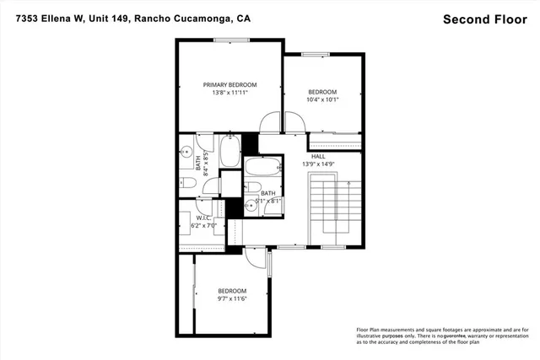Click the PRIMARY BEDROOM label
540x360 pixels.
[229, 84]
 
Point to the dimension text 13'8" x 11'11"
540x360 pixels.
[229, 94]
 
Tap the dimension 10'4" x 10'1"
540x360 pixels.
[322, 100]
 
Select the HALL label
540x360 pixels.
[318, 156]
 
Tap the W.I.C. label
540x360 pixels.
[202, 217]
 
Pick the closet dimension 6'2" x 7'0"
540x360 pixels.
[203, 225]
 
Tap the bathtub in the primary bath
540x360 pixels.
[229, 153]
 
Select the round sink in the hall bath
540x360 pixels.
[251, 205]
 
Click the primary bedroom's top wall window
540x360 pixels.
[229, 40]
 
